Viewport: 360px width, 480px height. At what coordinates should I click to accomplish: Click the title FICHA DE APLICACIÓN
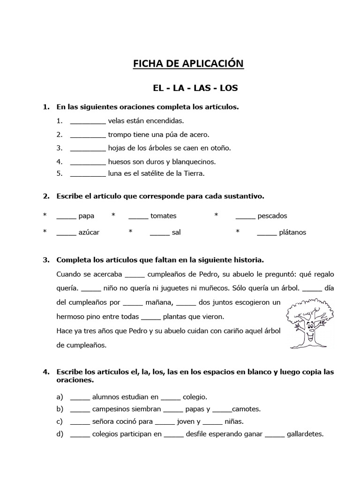click(188, 64)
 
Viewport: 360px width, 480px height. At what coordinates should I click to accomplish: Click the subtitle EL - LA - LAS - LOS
click(188, 88)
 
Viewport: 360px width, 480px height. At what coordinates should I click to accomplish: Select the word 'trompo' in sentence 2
click(120, 135)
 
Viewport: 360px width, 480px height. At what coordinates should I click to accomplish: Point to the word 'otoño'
click(222, 148)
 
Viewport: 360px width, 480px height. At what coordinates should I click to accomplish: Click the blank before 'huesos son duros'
click(88, 162)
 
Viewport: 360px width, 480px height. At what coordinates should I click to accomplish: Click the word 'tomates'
click(163, 216)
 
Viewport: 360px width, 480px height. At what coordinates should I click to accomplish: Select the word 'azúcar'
click(89, 232)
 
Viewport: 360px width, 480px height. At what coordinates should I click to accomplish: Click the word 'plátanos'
click(292, 232)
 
